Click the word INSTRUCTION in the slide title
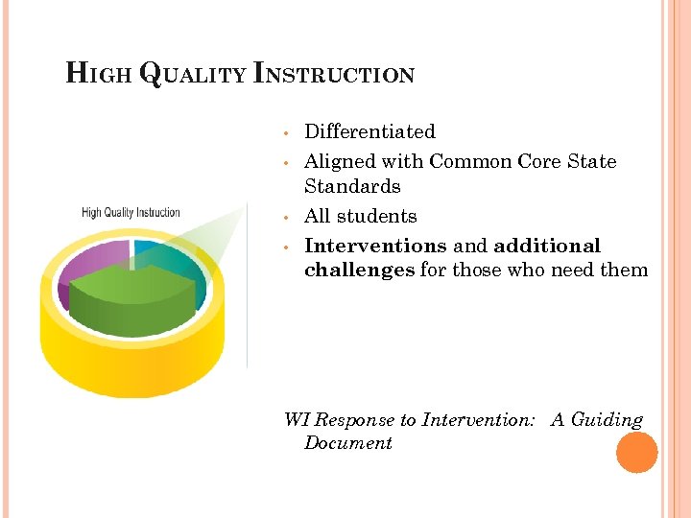[x=334, y=75]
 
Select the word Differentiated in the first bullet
[x=369, y=131]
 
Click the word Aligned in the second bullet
[x=340, y=161]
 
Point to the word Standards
[x=352, y=186]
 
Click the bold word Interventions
[x=375, y=246]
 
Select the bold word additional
[x=547, y=246]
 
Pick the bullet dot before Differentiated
[x=286, y=132]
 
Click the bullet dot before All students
[x=286, y=217]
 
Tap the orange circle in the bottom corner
[x=636, y=453]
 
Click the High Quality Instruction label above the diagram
[x=131, y=212]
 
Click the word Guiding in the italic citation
[x=606, y=420]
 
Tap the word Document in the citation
[x=347, y=443]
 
